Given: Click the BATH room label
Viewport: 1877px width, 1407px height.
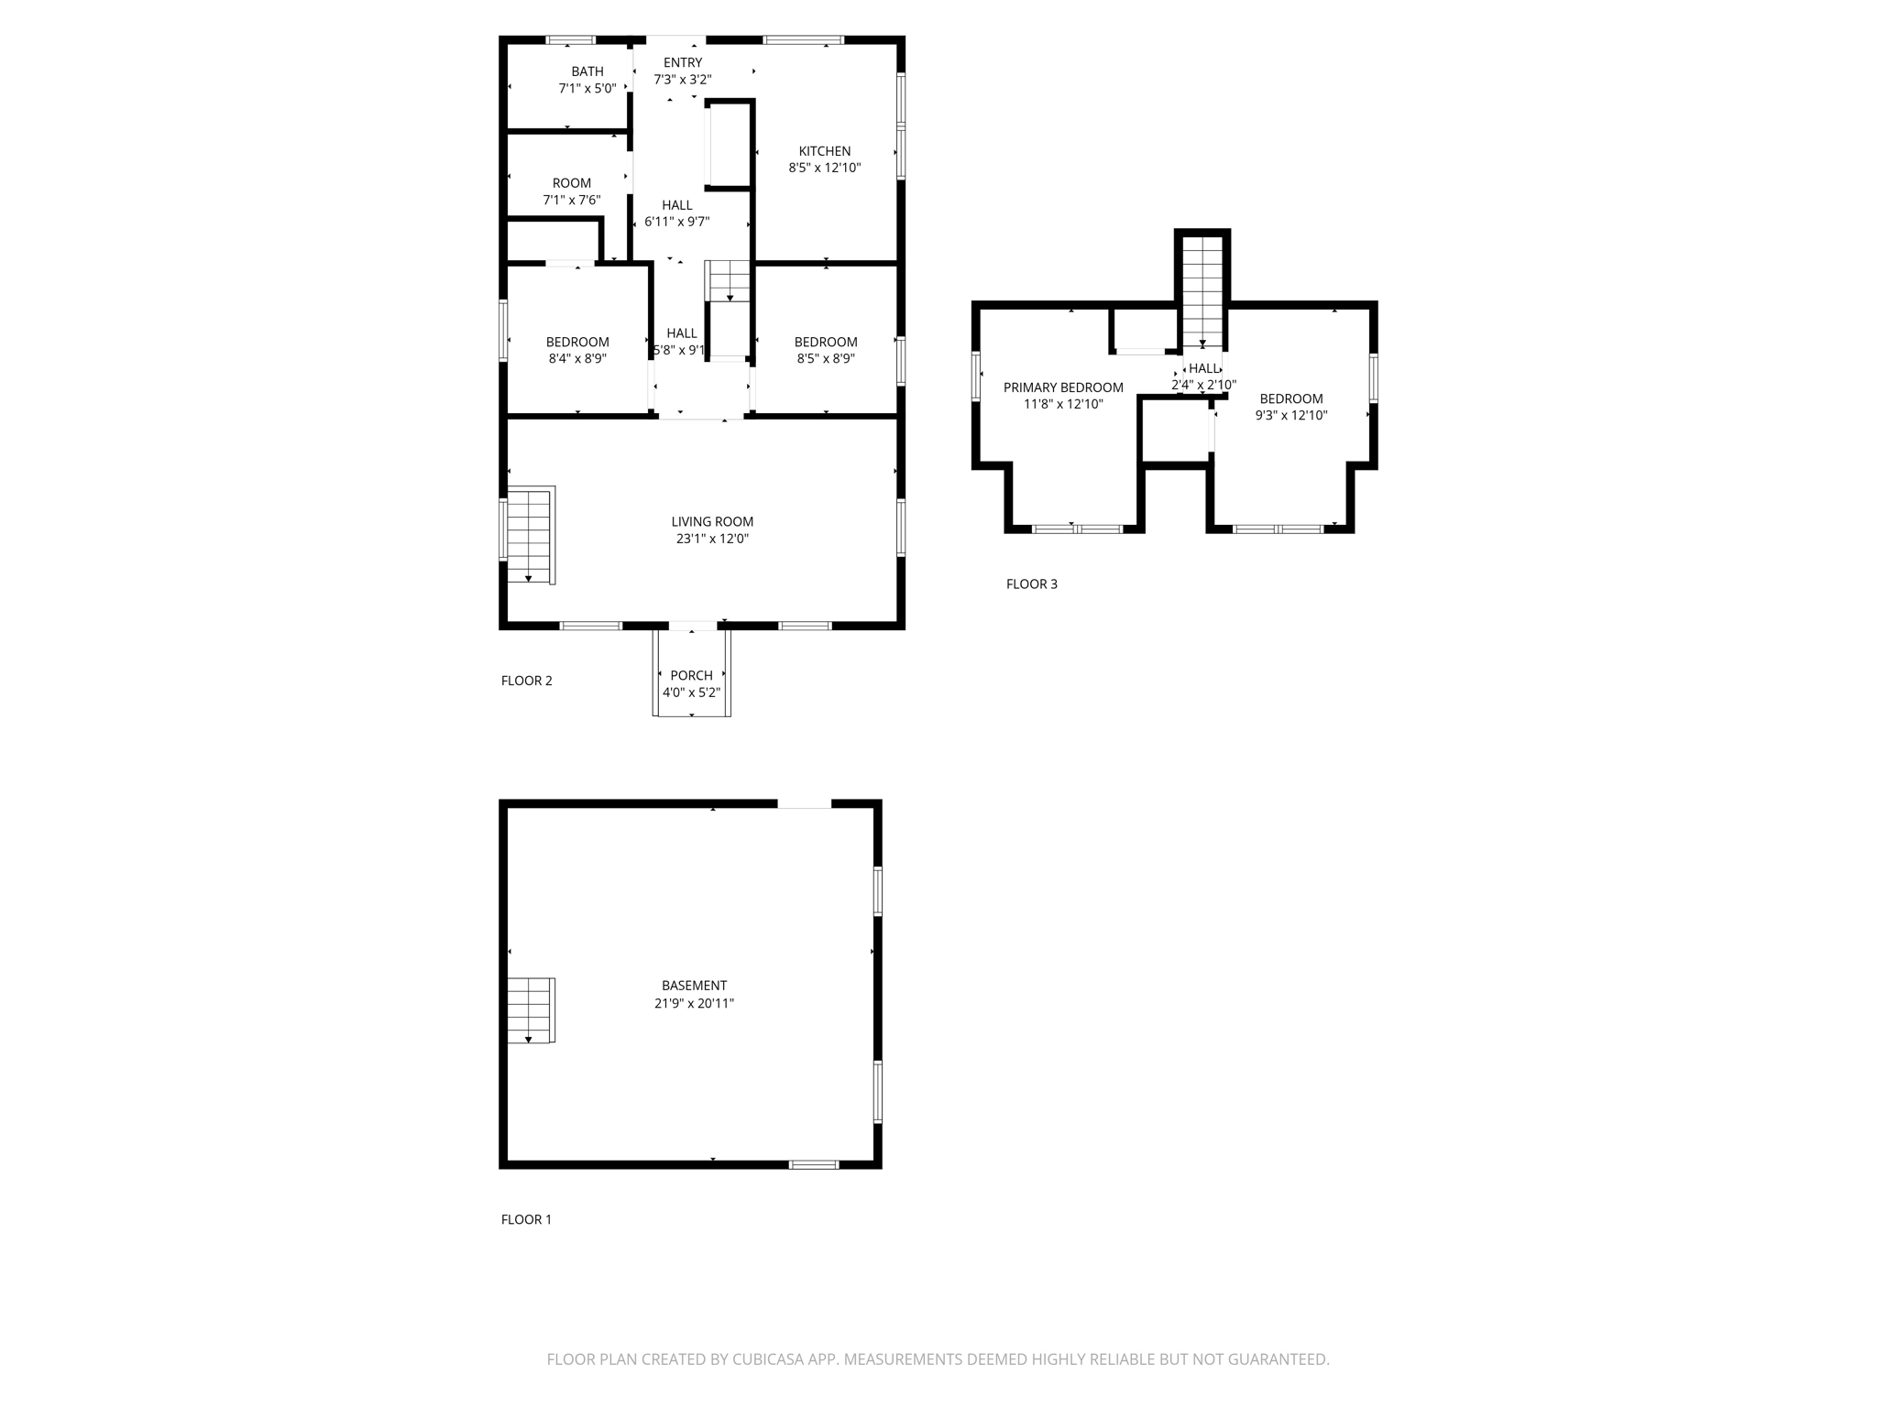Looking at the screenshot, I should pyautogui.click(x=587, y=71).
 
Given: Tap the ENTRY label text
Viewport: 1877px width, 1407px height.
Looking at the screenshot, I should pyautogui.click(x=683, y=62).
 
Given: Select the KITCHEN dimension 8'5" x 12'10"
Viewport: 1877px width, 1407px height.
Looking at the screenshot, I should pyautogui.click(x=825, y=168).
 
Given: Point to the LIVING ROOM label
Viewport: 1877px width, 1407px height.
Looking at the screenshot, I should pyautogui.click(x=712, y=522).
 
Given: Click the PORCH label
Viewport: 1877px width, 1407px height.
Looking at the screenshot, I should pyautogui.click(x=691, y=676).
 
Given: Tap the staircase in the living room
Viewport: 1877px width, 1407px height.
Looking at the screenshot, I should pyautogui.click(x=531, y=536).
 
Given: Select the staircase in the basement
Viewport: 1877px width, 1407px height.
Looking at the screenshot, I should pyautogui.click(x=531, y=1010).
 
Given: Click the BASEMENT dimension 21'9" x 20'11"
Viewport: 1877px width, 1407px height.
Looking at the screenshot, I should pyautogui.click(x=694, y=1003).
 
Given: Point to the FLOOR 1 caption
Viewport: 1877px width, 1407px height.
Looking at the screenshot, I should pyautogui.click(x=526, y=1219).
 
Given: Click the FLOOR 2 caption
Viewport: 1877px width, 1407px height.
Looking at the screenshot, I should pyautogui.click(x=526, y=681).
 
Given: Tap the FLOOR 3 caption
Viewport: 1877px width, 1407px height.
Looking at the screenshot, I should pyautogui.click(x=1031, y=584).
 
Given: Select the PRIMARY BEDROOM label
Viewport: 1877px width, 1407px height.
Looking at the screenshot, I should pyautogui.click(x=1063, y=387).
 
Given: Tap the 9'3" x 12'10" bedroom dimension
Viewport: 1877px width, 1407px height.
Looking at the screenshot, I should pyautogui.click(x=1290, y=415).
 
